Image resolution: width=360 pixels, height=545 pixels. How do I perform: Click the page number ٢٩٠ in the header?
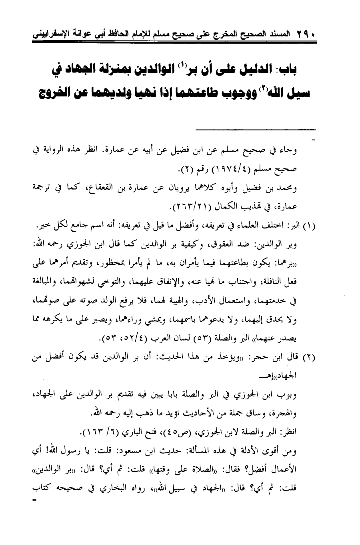click(306, 32)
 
